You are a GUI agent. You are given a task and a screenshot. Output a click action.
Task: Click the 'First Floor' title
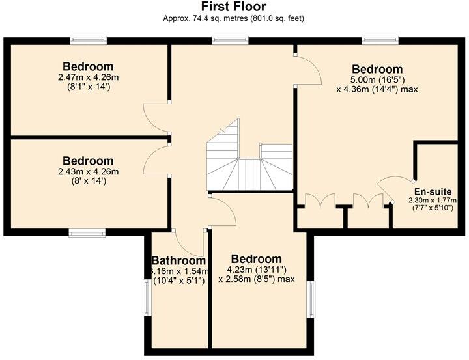233,7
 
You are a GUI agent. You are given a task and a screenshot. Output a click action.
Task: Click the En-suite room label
429,191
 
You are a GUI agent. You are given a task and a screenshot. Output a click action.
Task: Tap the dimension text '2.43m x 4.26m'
88,172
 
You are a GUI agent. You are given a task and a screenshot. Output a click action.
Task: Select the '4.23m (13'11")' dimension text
256,270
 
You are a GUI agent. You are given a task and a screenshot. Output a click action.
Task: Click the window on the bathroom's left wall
145,298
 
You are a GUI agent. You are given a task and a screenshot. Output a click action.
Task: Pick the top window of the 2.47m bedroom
88,40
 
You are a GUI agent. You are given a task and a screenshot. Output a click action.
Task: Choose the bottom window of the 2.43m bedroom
87,232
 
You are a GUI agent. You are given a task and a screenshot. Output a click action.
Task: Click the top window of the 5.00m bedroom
380,40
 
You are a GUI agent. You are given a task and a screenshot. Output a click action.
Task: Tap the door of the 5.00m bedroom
307,70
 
